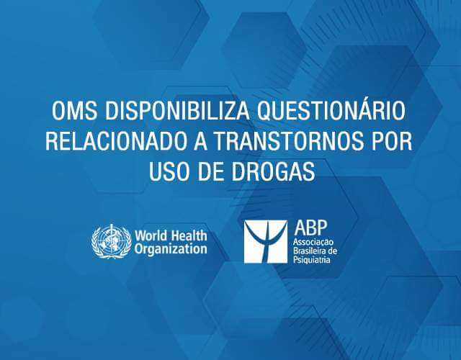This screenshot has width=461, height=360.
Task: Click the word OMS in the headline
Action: click(x=75, y=111)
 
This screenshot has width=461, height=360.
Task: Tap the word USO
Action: click(x=169, y=171)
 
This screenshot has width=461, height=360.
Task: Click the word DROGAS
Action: click(x=273, y=171)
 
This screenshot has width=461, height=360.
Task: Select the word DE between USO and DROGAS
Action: click(x=210, y=171)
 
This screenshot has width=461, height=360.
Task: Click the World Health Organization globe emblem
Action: click(x=112, y=241)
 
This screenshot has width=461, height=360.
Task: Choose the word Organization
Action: click(x=171, y=249)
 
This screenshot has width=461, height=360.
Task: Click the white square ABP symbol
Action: click(x=266, y=242)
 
